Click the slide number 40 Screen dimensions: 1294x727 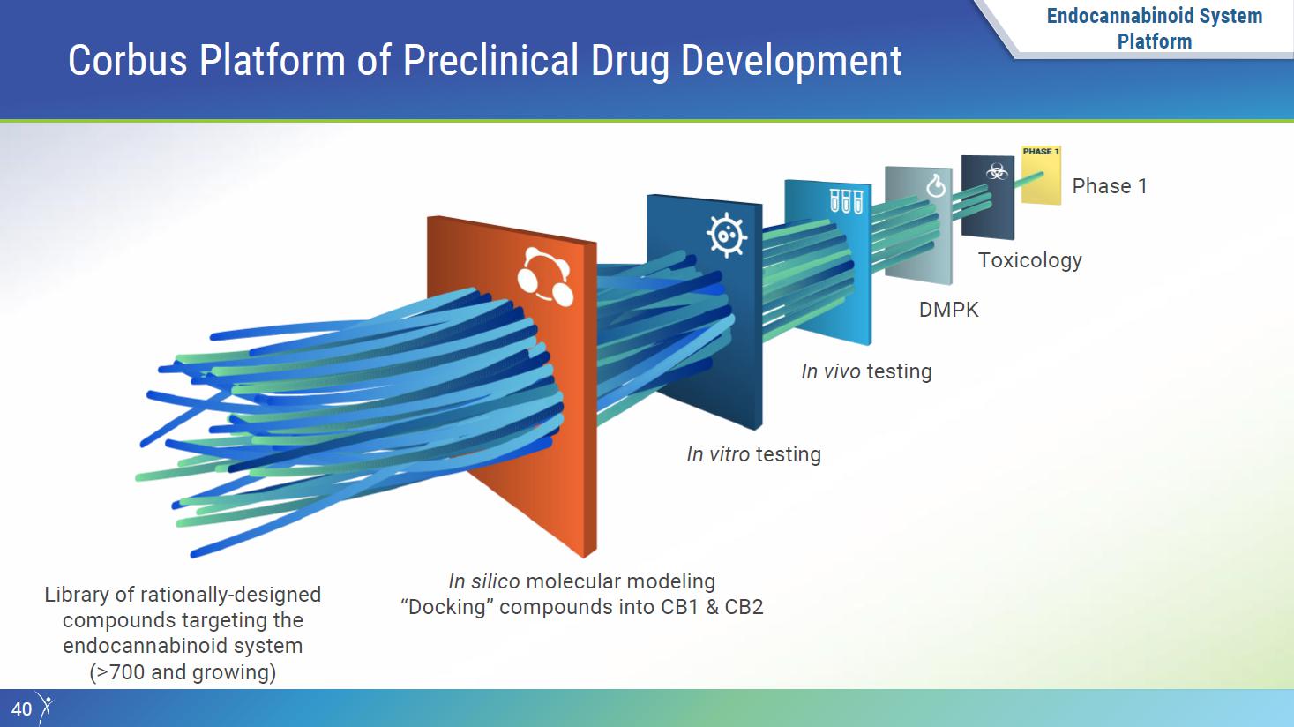coord(21,709)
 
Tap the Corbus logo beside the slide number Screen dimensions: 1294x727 coord(44,708)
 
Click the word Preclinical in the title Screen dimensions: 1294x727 coord(490,61)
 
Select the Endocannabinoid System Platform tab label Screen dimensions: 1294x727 coord(1155,28)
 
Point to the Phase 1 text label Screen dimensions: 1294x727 coord(1110,186)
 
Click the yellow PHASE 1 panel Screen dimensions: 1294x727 coord(1041,175)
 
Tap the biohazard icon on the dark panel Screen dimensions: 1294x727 coord(997,171)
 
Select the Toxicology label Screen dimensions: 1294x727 coord(1029,260)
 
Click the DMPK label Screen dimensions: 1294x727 coord(948,310)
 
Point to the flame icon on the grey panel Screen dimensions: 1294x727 coord(936,185)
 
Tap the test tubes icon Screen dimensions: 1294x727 coord(846,201)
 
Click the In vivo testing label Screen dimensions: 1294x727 coord(866,371)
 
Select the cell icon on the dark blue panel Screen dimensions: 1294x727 coord(727,235)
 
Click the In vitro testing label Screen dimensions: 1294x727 coord(753,454)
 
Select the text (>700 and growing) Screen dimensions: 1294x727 coord(183,672)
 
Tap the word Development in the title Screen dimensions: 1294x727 coord(791,61)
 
